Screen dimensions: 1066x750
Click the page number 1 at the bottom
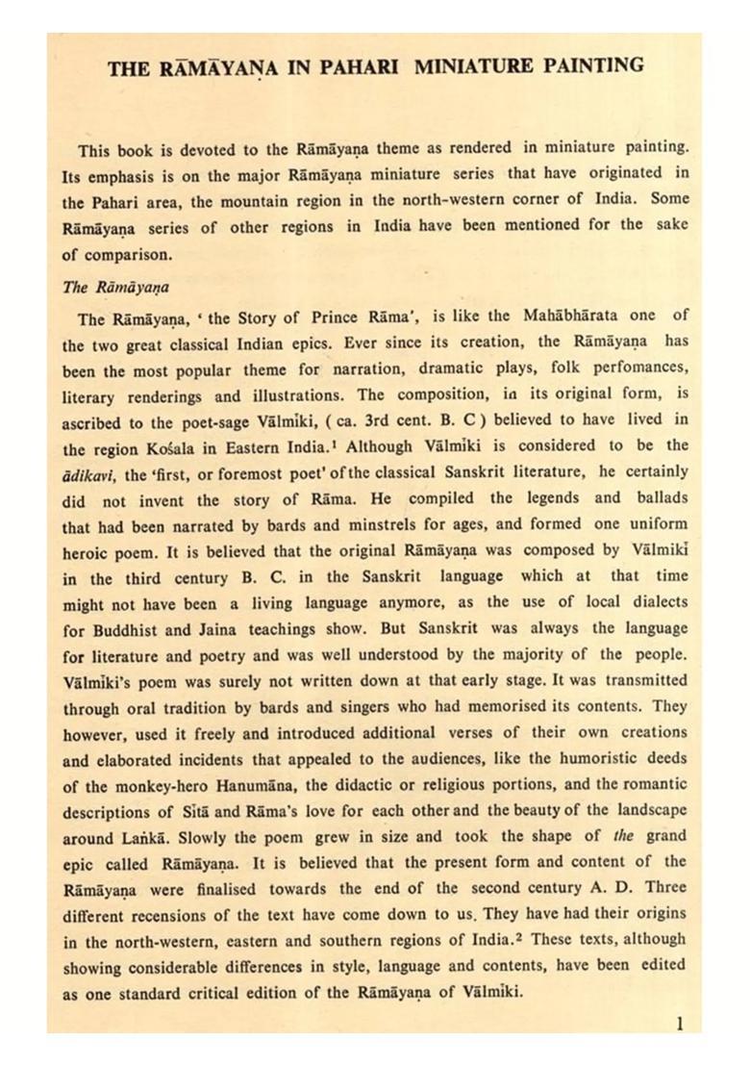point(680,1024)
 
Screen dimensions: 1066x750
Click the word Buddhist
point(131,628)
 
